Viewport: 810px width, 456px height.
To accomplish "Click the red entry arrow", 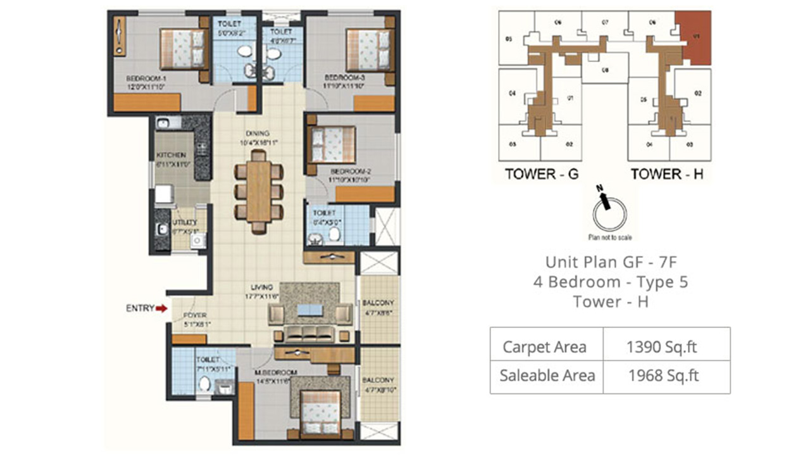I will pos(161,308).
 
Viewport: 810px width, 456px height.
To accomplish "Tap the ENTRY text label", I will pos(140,308).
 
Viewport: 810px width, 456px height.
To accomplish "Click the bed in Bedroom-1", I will pos(184,49).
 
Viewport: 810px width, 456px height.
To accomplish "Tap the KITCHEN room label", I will pos(171,155).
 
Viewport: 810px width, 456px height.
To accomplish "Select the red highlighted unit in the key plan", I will pos(694,38).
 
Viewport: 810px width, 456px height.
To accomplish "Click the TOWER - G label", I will pos(541,174).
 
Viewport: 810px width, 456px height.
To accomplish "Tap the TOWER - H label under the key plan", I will pos(667,174).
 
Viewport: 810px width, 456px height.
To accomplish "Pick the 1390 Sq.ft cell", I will pos(666,346).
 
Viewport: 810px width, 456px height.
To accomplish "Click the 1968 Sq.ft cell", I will pos(666,376).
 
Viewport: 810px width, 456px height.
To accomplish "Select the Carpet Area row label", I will pos(544,346).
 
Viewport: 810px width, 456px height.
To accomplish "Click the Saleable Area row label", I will pos(547,376).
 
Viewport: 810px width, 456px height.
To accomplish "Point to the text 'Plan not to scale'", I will pos(609,237).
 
